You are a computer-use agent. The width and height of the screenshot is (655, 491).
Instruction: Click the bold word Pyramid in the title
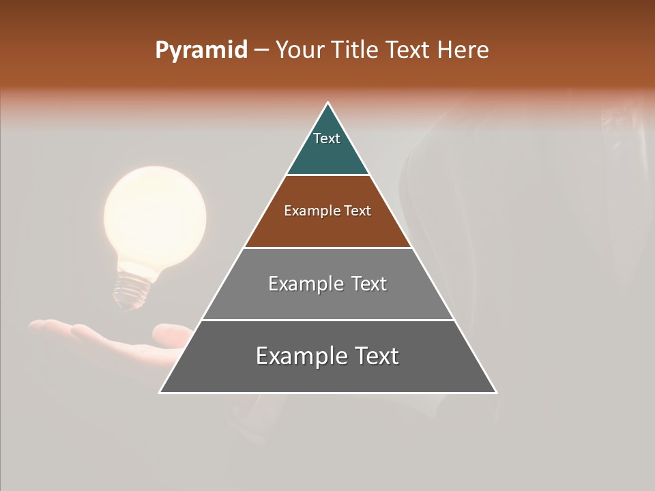201,50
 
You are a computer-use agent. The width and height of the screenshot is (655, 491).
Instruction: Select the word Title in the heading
356,50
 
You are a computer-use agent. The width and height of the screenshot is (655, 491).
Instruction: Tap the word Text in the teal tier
327,138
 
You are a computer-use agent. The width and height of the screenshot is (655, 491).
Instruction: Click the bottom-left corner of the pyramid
160,392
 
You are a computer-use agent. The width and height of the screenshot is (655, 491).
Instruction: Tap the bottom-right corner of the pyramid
495,392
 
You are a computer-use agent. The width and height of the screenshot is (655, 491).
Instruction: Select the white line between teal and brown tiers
327,175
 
